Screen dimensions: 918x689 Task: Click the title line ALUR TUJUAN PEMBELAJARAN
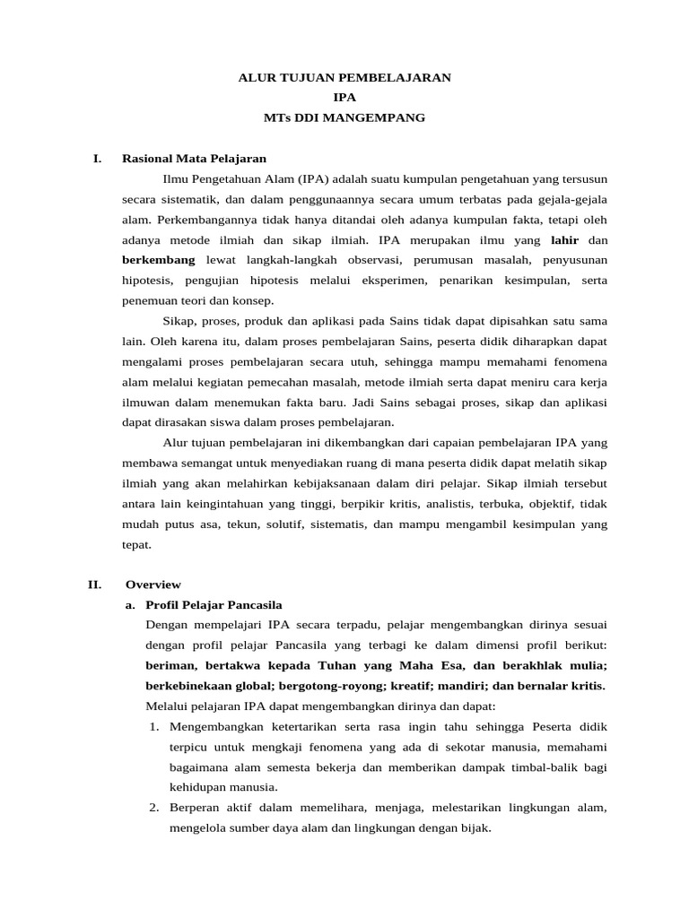pyautogui.click(x=344, y=78)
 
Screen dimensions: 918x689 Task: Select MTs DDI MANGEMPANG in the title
pyautogui.click(x=344, y=117)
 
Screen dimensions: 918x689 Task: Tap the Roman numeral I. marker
pyautogui.click(x=97, y=159)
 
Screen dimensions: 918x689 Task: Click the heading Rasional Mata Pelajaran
pyautogui.click(x=196, y=159)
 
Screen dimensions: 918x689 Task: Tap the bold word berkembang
pyautogui.click(x=159, y=260)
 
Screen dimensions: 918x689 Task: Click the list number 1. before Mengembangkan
pyautogui.click(x=154, y=725)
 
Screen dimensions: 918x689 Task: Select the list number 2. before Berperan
pyautogui.click(x=154, y=808)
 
